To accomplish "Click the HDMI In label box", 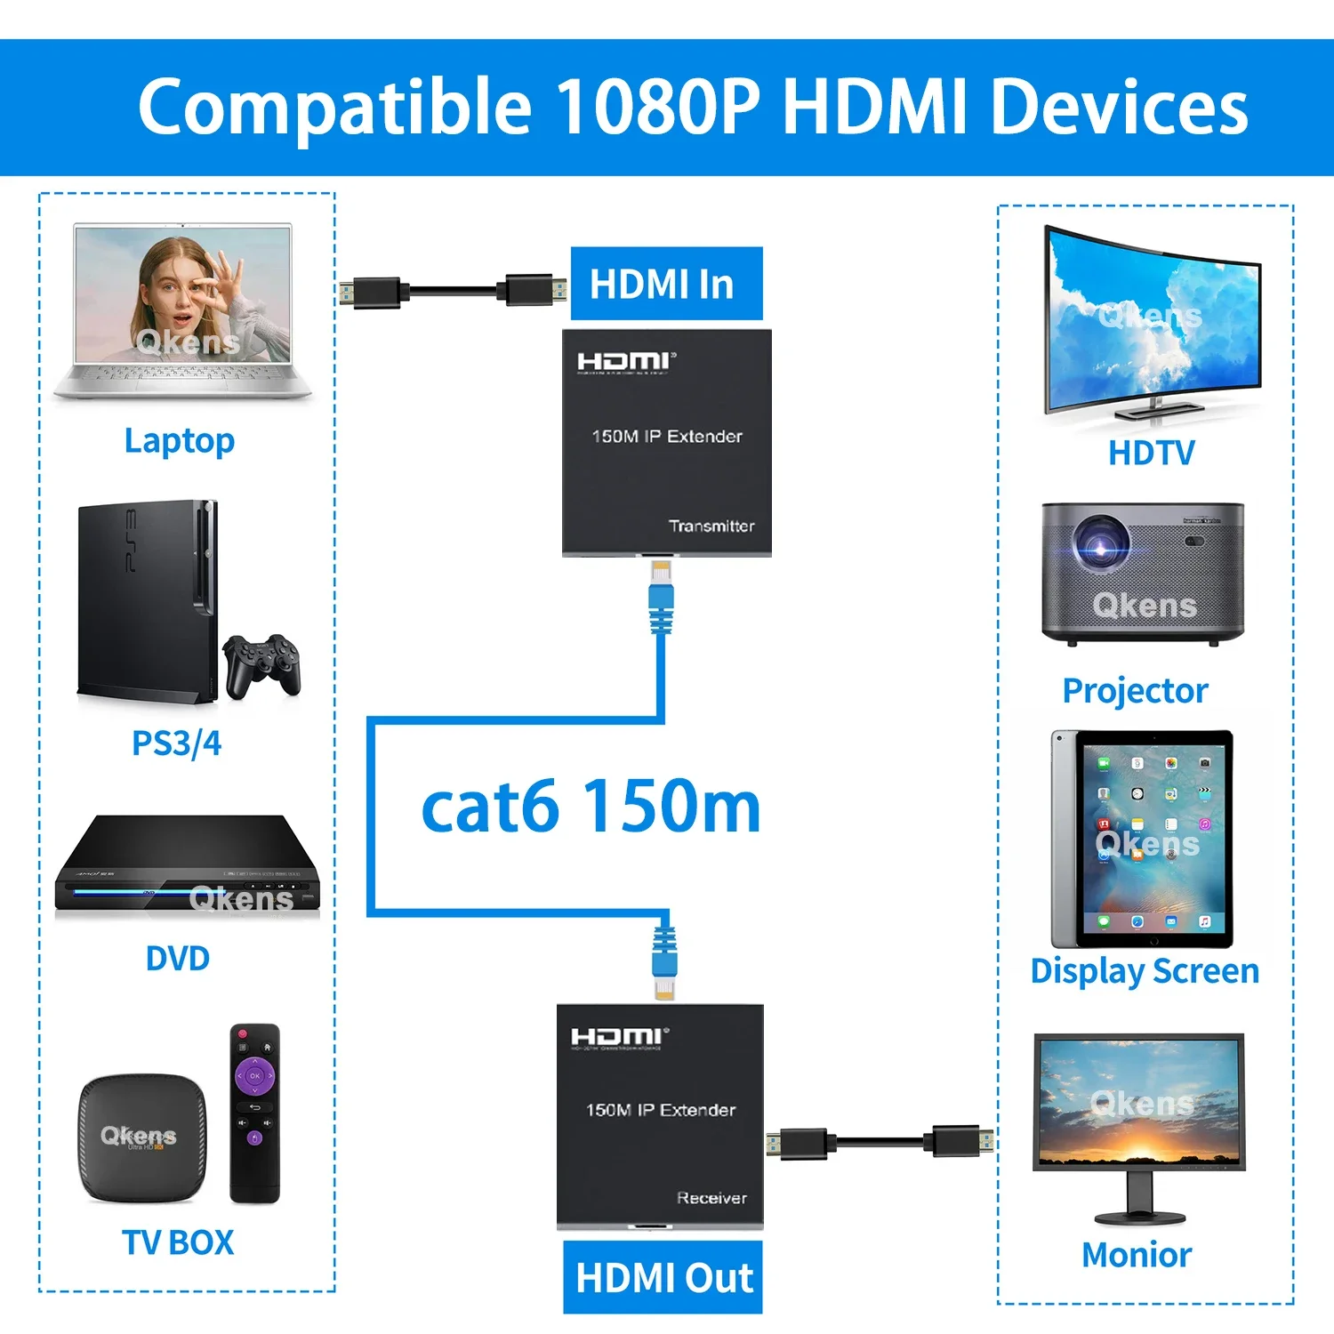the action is [x=666, y=284].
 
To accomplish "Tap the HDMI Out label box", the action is [x=663, y=1277].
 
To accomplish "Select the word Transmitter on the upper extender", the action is [x=711, y=526].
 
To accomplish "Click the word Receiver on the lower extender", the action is [x=711, y=1198].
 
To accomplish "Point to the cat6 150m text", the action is [x=591, y=807].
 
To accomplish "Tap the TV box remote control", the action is [x=255, y=1113].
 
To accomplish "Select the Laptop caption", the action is [x=180, y=441].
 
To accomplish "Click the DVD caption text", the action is [x=178, y=959].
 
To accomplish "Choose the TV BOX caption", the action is [x=178, y=1242].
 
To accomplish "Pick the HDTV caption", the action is [x=1152, y=453].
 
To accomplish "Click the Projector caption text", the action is [x=1136, y=691].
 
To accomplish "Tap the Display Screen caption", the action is [x=1145, y=971].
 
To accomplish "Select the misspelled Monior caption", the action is [x=1137, y=1255].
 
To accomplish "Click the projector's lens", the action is [x=1101, y=544].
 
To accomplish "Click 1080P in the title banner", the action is [x=657, y=107].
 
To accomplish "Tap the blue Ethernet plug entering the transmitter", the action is [x=661, y=596].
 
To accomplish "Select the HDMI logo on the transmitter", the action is [x=626, y=361].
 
